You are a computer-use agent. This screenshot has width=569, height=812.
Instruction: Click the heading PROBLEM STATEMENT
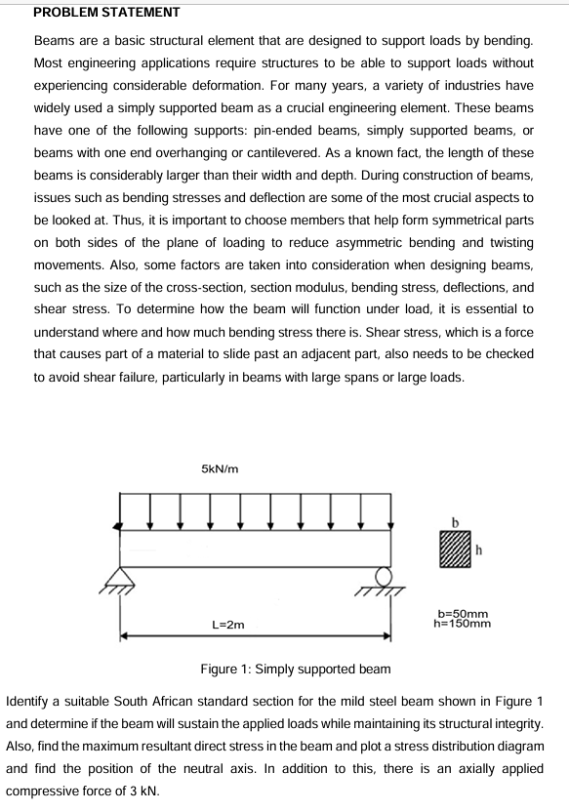tap(93, 13)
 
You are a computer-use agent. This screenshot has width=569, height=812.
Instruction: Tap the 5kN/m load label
tap(220, 469)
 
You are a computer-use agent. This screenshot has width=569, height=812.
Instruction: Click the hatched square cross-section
tap(455, 548)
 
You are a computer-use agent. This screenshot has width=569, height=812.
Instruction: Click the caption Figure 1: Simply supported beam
tap(295, 670)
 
